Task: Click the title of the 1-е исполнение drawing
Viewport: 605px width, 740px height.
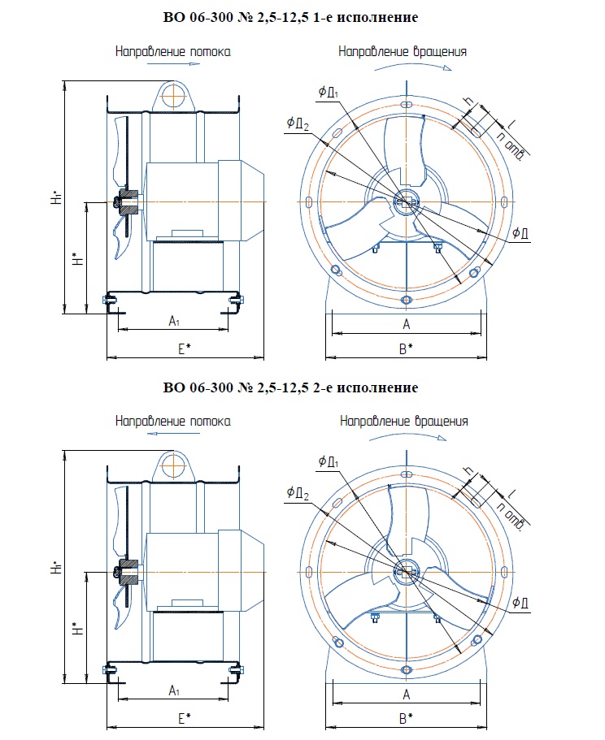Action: [x=290, y=17]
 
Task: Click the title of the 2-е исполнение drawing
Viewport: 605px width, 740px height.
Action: [x=290, y=387]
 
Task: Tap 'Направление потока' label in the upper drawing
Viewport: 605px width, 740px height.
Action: [x=172, y=51]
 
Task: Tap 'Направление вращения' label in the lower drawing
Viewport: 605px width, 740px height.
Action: [x=404, y=422]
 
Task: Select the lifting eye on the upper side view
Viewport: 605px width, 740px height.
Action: [x=173, y=96]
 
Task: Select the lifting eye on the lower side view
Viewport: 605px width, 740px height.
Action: [x=173, y=465]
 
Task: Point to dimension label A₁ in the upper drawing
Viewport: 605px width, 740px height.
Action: [x=173, y=322]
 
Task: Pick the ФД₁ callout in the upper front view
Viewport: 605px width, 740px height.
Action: [x=328, y=92]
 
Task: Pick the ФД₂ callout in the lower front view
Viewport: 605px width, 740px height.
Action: [x=297, y=492]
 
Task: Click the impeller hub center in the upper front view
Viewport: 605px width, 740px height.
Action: [x=406, y=201]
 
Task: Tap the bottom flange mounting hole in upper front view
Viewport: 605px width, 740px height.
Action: [x=407, y=300]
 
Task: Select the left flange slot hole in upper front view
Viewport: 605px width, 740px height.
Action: [x=309, y=201]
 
